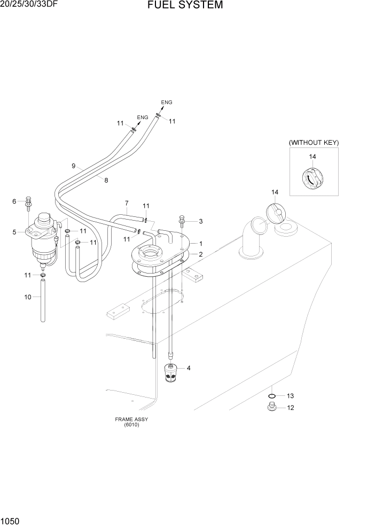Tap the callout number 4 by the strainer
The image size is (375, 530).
click(189, 368)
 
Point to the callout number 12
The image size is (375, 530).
click(291, 408)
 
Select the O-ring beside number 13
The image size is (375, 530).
click(271, 396)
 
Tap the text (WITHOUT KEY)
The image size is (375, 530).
click(314, 143)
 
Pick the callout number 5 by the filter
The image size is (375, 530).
click(15, 231)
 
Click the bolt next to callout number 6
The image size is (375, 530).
click(28, 203)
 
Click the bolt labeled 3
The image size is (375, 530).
click(183, 220)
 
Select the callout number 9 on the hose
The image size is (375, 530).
click(73, 166)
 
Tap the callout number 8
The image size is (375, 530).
click(106, 181)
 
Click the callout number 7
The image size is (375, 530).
click(127, 203)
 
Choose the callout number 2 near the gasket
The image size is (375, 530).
click(201, 254)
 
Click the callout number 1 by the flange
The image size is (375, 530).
click(201, 243)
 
